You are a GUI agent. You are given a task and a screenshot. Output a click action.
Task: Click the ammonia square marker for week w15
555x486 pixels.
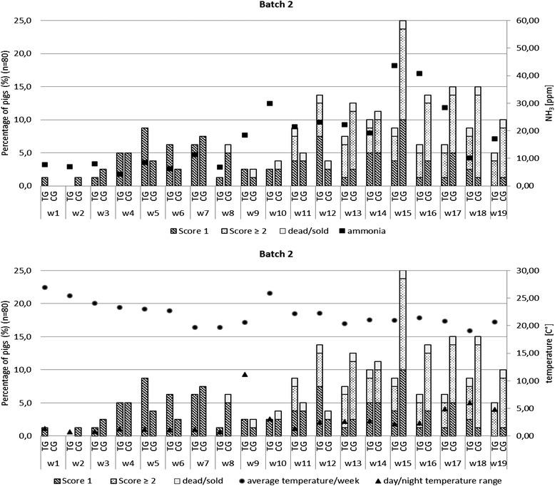394,66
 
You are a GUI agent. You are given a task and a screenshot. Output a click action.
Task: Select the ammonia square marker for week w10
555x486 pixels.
270,103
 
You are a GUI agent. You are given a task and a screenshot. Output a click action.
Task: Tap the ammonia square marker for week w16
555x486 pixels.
419,73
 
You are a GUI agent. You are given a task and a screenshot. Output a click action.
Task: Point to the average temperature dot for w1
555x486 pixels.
45,287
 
